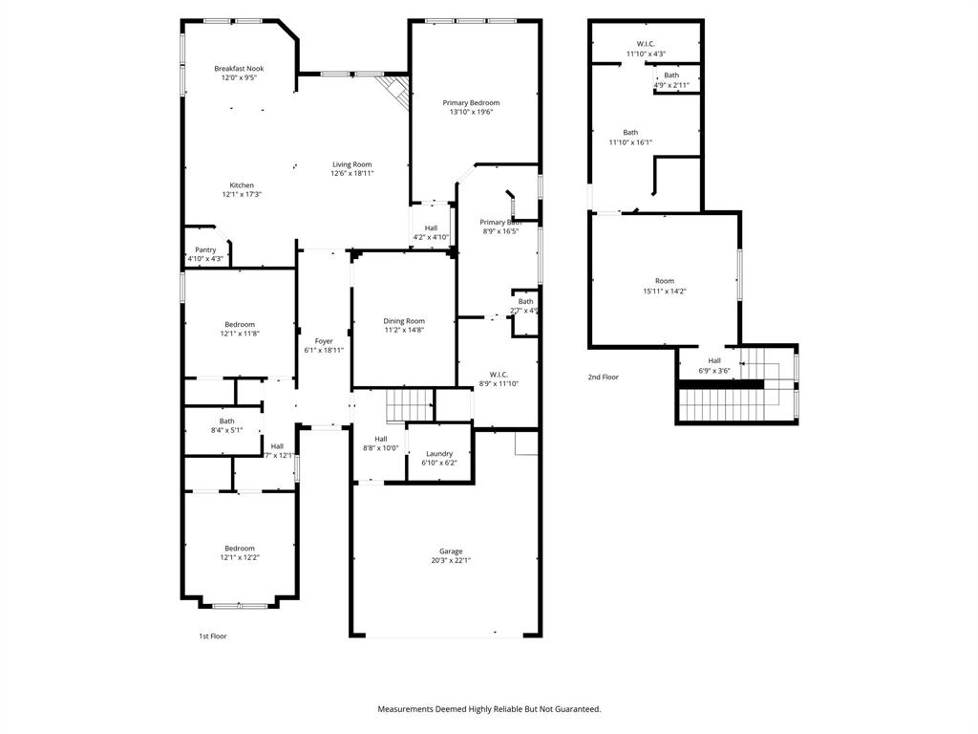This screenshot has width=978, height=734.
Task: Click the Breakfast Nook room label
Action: pyautogui.click(x=239, y=69)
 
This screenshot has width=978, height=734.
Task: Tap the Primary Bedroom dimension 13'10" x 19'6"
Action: pyautogui.click(x=471, y=112)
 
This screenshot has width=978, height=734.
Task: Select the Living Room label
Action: pyautogui.click(x=351, y=164)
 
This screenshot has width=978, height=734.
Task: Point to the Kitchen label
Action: pyautogui.click(x=242, y=185)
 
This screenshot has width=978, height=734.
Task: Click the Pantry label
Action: pyautogui.click(x=205, y=250)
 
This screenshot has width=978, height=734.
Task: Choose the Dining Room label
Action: pyautogui.click(x=404, y=321)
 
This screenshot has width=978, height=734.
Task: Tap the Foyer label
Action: pyautogui.click(x=324, y=341)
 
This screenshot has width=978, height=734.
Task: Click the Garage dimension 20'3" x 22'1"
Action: pyautogui.click(x=451, y=560)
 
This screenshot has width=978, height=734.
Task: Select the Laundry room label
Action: pyautogui.click(x=439, y=454)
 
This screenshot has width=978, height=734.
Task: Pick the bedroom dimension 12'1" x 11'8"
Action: pyautogui.click(x=241, y=334)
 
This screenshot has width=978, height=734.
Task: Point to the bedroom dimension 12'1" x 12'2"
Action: pyautogui.click(x=241, y=557)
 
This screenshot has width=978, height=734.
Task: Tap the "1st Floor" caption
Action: pyautogui.click(x=212, y=636)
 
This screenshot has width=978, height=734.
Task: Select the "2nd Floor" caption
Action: pyautogui.click(x=603, y=377)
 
